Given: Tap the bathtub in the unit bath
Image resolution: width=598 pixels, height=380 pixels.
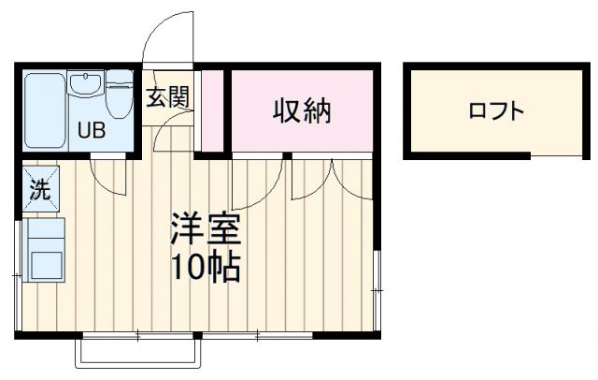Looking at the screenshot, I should click(44, 110).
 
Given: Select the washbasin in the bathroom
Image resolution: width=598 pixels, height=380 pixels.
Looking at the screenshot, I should click(86, 87).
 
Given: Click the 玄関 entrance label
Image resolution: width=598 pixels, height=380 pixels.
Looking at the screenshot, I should click(168, 96).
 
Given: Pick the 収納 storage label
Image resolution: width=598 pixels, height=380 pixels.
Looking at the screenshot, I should click(302, 111).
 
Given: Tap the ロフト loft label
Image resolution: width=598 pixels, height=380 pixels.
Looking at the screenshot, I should click(495, 111).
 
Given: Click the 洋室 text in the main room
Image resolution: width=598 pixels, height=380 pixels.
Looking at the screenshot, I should click(205, 229).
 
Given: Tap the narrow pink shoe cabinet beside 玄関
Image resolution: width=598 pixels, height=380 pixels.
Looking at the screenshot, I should click(213, 110).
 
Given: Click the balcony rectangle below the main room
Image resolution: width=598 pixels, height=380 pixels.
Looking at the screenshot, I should click(137, 353).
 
